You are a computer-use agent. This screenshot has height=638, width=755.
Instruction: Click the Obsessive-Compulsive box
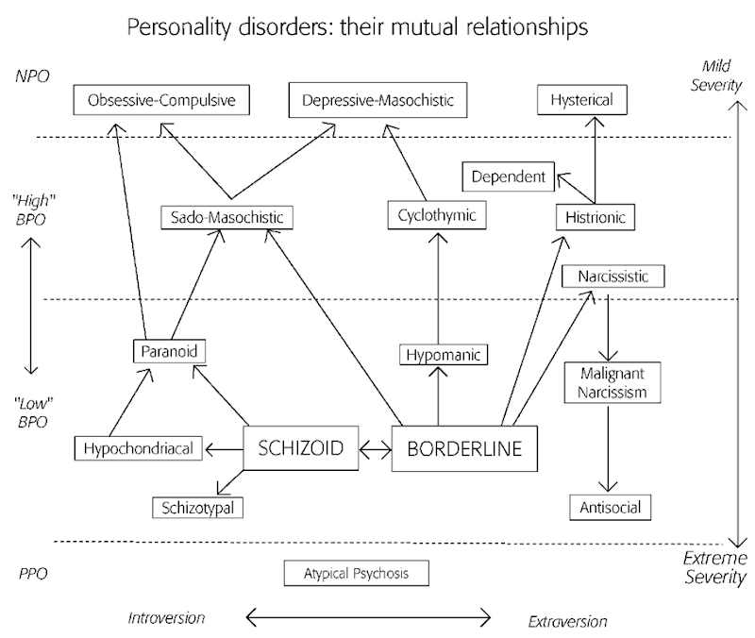[x=161, y=99]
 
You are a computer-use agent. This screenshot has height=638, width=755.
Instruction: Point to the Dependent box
[x=508, y=176]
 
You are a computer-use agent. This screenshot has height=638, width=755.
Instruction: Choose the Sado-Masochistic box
[x=226, y=218]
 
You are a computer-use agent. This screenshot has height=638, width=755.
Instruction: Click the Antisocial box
[x=610, y=507]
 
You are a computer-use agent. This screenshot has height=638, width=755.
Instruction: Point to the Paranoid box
[x=168, y=352]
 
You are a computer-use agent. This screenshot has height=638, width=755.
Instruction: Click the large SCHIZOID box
[x=302, y=448]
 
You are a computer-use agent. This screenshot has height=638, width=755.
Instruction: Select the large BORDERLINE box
[x=463, y=448]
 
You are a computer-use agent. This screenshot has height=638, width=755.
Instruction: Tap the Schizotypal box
[x=197, y=508]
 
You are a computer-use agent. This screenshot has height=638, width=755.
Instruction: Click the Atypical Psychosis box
[x=357, y=573]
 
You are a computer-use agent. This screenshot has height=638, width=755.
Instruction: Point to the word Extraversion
[x=567, y=621]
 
